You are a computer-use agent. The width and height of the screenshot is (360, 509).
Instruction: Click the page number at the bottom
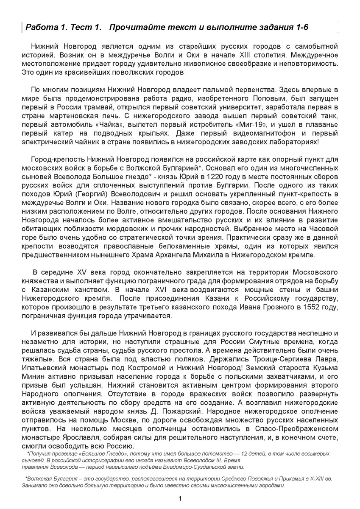[x=180, y=498]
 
